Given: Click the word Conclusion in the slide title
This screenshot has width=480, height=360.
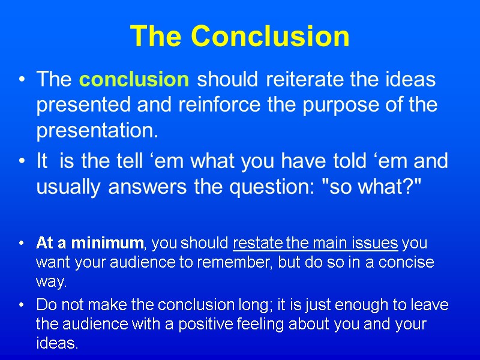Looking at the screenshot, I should coord(270,36).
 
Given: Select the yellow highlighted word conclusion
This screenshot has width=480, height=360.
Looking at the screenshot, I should coord(134,79).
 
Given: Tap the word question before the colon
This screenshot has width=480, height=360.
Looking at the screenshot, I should coord(271,187).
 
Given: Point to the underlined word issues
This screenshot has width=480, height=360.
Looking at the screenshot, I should coord(376,244).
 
